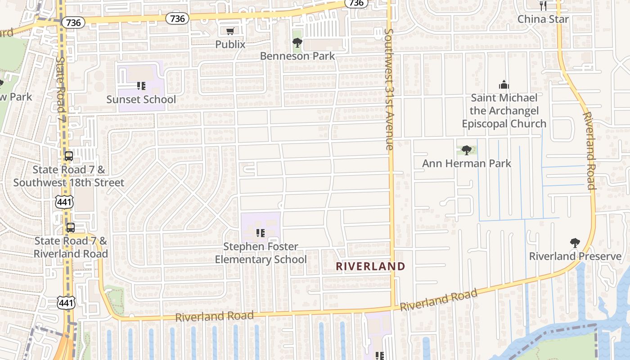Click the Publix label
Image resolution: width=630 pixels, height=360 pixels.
[230, 44]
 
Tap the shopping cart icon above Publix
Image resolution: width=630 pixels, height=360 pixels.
[230, 31]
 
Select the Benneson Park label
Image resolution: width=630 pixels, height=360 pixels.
[297, 56]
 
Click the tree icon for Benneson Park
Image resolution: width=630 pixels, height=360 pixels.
[297, 43]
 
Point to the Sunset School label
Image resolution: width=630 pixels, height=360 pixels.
[141, 99]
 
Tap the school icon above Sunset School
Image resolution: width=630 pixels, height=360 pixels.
[141, 85]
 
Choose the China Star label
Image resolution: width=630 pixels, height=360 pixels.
[543, 19]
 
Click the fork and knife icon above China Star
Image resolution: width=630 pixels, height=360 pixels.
[543, 5]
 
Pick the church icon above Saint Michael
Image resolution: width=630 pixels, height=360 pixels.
[504, 84]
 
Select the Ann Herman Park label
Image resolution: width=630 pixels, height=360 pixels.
[466, 163]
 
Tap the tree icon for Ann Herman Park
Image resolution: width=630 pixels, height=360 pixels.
[467, 150]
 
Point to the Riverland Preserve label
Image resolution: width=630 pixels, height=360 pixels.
[575, 256]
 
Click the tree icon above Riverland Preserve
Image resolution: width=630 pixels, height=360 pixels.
[575, 243]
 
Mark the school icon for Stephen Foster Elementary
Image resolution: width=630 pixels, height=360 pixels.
[260, 233]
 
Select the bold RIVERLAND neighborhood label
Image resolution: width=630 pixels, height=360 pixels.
[370, 266]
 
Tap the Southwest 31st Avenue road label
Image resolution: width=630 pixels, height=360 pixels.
[389, 89]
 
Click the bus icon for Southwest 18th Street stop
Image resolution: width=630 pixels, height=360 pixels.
[69, 156]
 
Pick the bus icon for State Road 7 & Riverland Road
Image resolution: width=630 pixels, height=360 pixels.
[71, 227]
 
